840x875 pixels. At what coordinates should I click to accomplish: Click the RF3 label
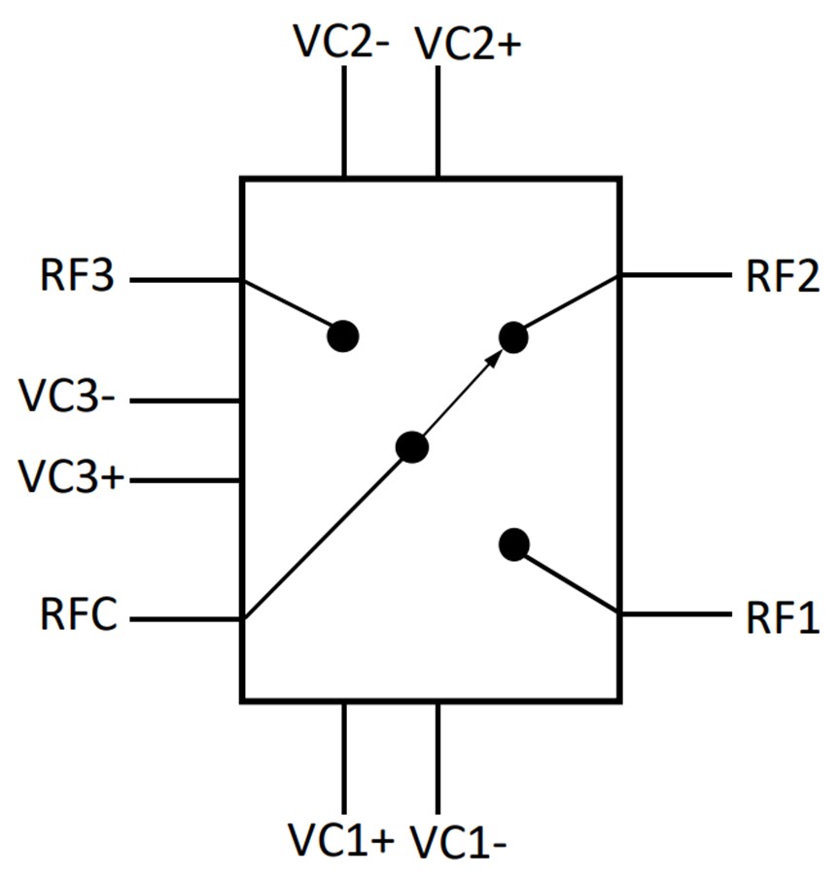(78, 278)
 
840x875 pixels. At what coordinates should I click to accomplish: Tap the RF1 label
(782, 617)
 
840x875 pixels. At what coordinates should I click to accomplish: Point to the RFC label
(79, 615)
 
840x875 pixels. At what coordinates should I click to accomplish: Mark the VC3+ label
(70, 478)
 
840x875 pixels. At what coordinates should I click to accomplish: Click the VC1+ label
(340, 838)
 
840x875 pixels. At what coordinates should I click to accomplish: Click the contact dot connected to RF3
(342, 336)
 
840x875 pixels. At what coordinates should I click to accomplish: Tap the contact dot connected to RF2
(513, 337)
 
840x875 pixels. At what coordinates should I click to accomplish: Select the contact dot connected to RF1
(513, 544)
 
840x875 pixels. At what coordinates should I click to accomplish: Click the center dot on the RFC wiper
(412, 447)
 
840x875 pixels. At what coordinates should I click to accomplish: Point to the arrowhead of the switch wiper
(496, 357)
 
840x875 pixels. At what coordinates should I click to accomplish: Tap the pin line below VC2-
(344, 122)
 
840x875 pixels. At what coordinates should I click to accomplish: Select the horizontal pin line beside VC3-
(185, 401)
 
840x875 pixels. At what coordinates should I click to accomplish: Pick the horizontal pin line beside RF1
(675, 614)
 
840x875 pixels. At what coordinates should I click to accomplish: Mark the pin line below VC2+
(437, 122)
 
